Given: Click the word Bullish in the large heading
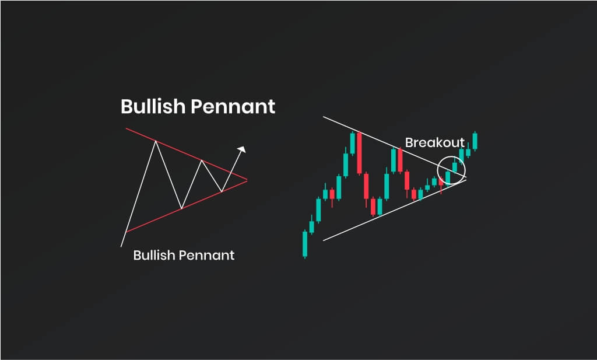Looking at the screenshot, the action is pos(153,106).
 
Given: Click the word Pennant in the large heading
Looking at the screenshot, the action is pos(233,106).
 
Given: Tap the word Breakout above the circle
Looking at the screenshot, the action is pos(435,142).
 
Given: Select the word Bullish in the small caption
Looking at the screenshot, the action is pos(154,255).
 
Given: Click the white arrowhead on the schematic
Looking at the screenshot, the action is pos(241,149).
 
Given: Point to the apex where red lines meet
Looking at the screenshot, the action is pos(247,180).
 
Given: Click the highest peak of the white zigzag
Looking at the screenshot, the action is pos(156,141).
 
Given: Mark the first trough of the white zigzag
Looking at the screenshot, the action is pos(182,208).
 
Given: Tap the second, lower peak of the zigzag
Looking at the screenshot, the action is pos(202,160).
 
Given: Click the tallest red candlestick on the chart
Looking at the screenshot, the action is pos(359,153).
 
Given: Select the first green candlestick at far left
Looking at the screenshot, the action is pos(305,244).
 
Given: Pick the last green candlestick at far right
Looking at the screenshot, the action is pos(475,141).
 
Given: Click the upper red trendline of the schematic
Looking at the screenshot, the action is pos(187,154).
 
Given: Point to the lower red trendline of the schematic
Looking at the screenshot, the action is pos(187,206).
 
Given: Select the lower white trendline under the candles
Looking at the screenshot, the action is pos(395,210).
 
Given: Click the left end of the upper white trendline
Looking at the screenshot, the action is pos(323,117).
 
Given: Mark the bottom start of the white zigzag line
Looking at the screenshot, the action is pos(121,246).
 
